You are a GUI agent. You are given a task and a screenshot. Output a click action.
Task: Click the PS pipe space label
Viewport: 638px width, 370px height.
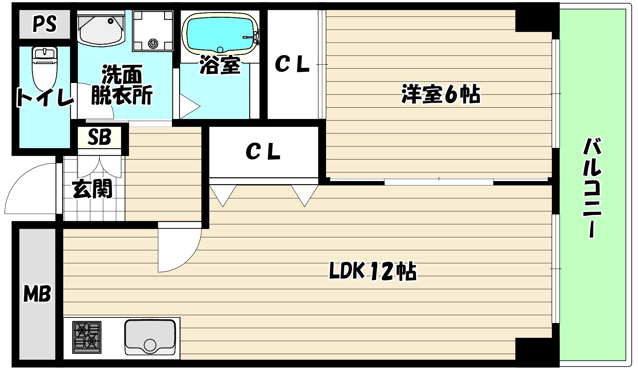point(44,24)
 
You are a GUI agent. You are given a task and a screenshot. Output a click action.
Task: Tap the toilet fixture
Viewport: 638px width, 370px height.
point(45,67)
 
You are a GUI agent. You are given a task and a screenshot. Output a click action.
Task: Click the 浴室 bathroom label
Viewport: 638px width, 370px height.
point(220,65)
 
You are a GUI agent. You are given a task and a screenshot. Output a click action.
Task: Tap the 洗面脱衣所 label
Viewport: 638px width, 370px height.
point(122,85)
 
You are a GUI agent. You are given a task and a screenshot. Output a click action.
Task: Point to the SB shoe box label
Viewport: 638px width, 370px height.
point(99,137)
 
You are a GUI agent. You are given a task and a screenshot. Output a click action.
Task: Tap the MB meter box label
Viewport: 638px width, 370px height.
point(37,294)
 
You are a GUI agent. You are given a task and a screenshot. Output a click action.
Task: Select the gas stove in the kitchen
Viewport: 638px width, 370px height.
point(87,337)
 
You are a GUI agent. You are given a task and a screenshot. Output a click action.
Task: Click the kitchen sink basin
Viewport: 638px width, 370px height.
point(150,336)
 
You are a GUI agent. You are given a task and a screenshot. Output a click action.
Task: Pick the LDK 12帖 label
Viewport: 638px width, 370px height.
point(373,272)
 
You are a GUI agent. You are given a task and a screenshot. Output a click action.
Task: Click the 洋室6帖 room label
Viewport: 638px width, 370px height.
point(441,94)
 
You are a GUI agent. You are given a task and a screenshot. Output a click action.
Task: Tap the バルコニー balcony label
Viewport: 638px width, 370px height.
point(592,187)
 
